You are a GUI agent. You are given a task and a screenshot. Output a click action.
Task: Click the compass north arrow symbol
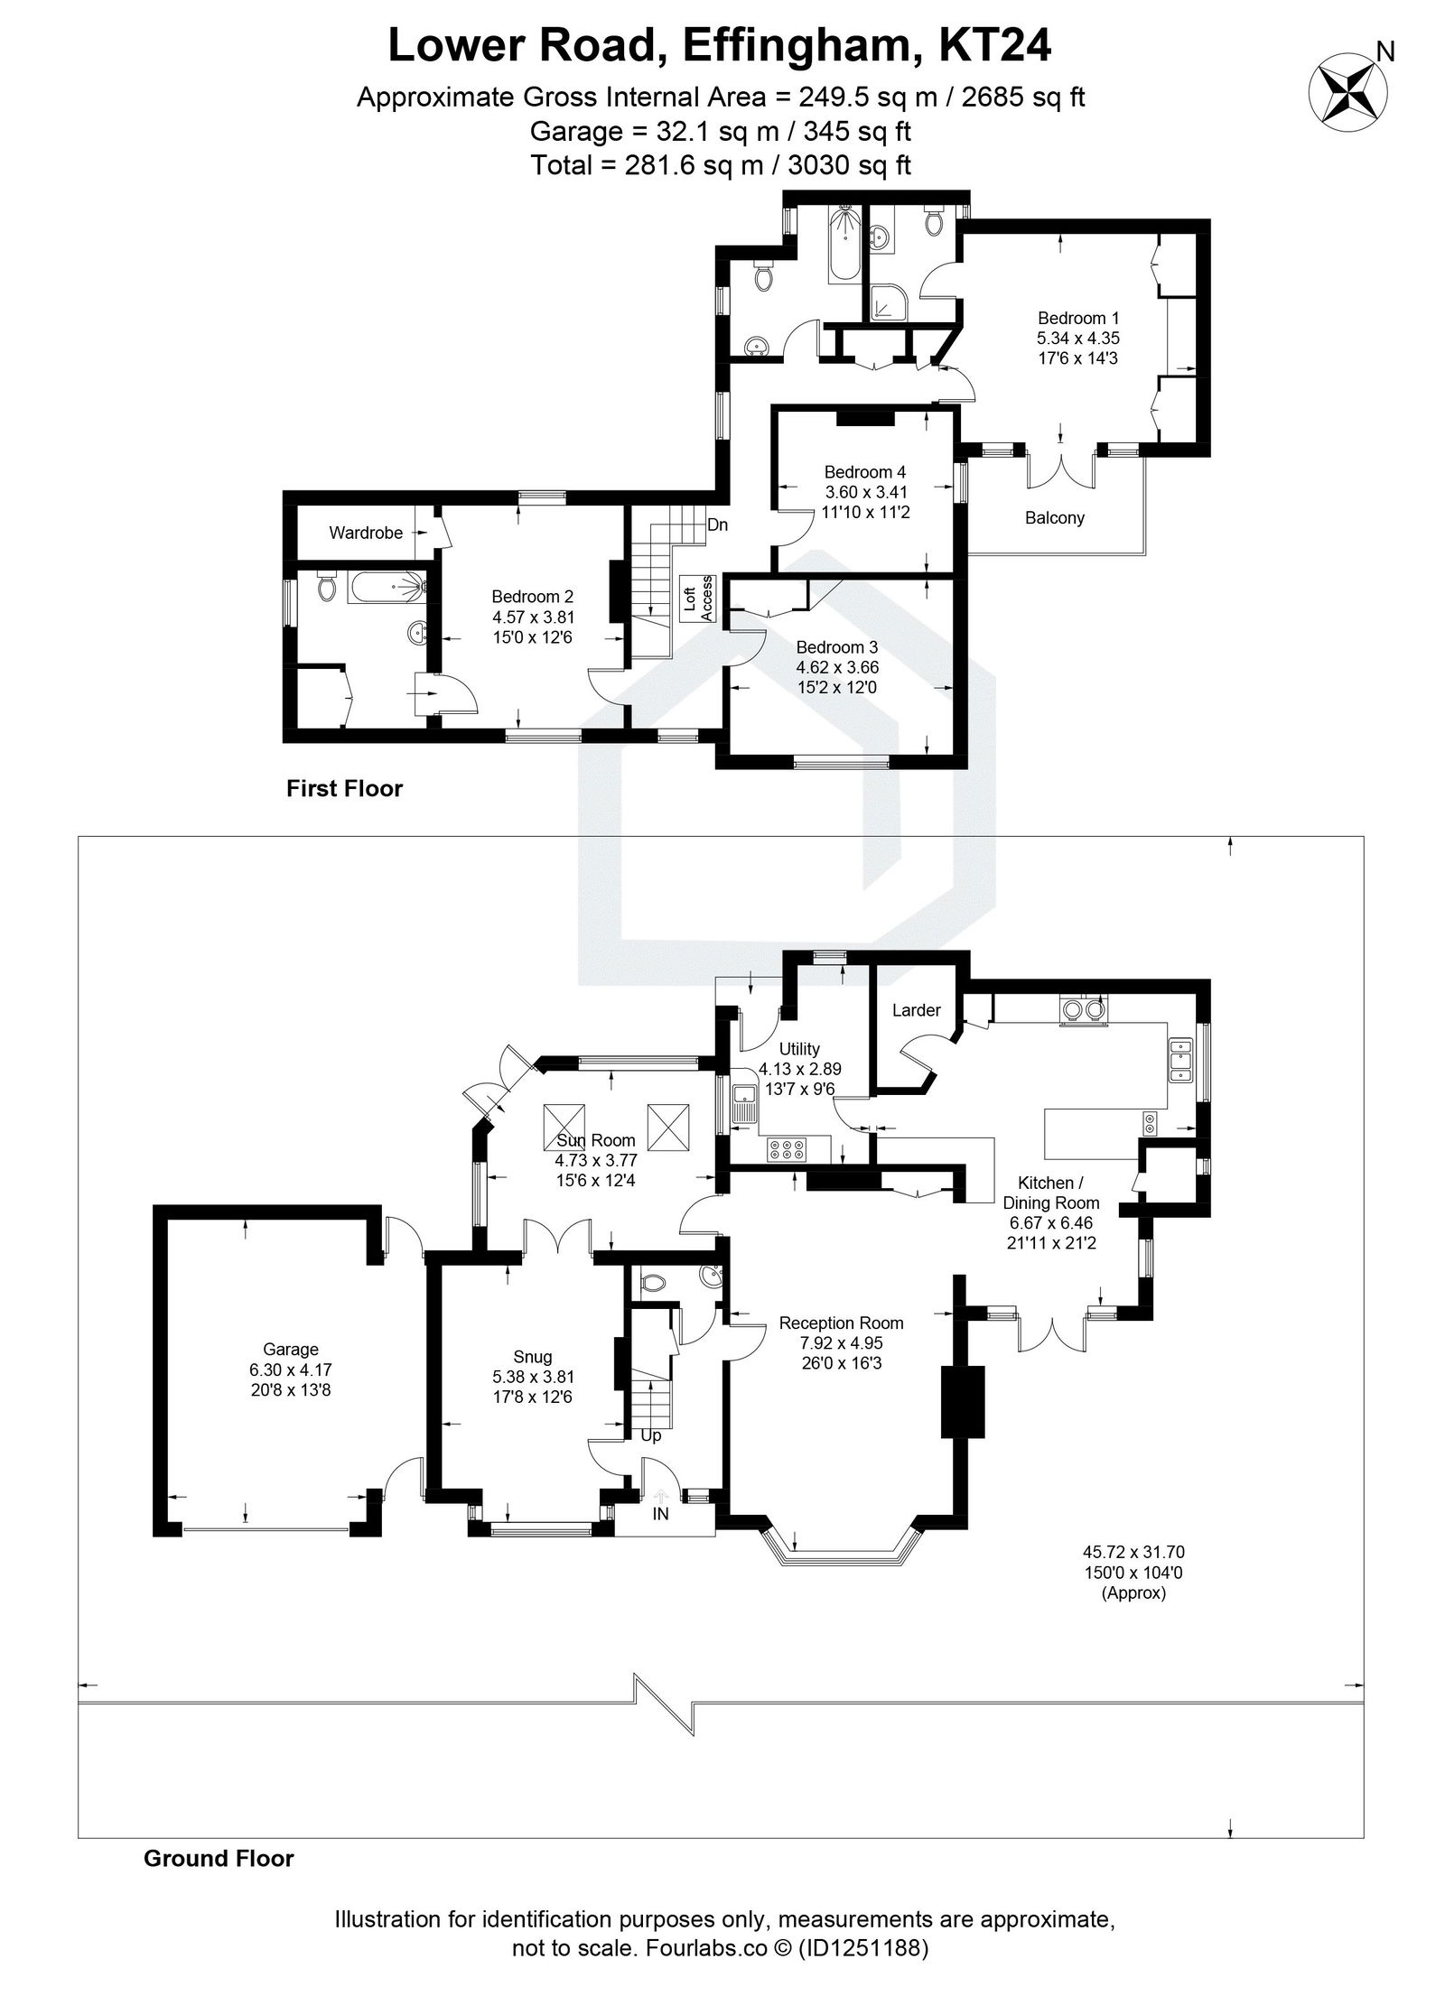(x=1352, y=90)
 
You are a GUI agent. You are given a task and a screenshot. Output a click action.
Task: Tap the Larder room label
(x=916, y=1010)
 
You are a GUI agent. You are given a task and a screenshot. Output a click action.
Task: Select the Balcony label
(x=1054, y=518)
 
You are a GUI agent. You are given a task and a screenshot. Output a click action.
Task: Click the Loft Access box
(x=698, y=598)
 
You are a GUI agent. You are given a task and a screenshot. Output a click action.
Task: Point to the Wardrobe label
(x=365, y=533)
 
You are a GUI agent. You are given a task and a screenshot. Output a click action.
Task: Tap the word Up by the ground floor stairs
(x=650, y=1461)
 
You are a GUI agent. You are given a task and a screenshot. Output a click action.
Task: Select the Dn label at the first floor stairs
(x=717, y=525)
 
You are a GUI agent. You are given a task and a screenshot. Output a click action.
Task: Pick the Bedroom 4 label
(x=864, y=472)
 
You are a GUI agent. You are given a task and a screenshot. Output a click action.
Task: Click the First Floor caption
(x=344, y=789)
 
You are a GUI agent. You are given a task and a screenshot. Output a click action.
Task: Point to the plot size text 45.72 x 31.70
(x=1133, y=1553)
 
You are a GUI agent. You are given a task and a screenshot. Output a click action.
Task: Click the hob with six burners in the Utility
(x=787, y=1149)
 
